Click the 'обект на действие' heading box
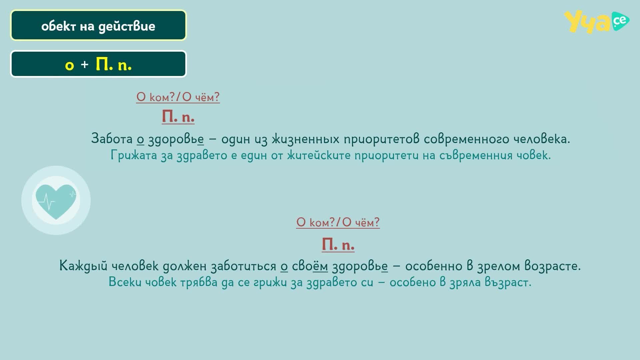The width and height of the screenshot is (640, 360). pyautogui.click(x=98, y=26)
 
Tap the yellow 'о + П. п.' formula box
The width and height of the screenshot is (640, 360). pyautogui.click(x=98, y=64)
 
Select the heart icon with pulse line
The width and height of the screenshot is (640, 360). pyautogui.click(x=56, y=201)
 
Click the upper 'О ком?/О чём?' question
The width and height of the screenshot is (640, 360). pyautogui.click(x=178, y=97)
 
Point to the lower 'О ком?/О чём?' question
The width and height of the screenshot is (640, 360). pyautogui.click(x=338, y=222)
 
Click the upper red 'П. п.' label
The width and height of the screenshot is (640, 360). pyautogui.click(x=178, y=117)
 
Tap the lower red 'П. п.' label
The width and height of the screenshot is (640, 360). pyautogui.click(x=338, y=245)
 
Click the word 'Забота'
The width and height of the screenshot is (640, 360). pyautogui.click(x=112, y=138)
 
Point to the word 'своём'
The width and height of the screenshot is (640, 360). pyautogui.click(x=310, y=266)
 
